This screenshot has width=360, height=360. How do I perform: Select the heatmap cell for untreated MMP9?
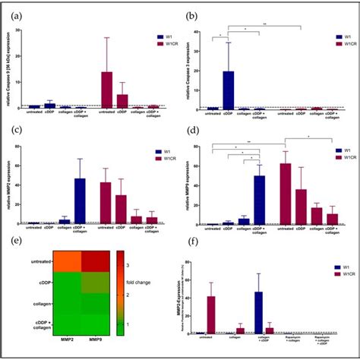click(96, 263)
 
